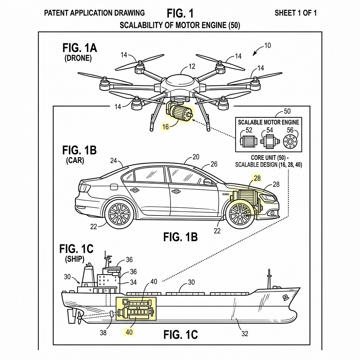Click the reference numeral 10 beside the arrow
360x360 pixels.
point(268,45)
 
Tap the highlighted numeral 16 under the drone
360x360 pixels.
point(166,127)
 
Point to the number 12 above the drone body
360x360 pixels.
point(192,66)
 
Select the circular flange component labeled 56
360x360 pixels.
point(290,141)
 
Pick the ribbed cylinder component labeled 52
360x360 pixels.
point(248,141)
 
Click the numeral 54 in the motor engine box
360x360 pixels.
point(270,130)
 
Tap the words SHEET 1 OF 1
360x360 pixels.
point(295,13)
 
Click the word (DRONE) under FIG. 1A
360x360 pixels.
point(78,58)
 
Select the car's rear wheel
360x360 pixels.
point(119,214)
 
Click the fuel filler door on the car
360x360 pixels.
point(114,187)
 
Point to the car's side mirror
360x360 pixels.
point(208,182)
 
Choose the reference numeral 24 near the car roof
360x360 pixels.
point(114,161)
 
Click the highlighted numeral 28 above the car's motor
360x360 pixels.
point(257,178)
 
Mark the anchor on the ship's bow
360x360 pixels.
point(285,298)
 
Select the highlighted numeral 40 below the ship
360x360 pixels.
point(129,332)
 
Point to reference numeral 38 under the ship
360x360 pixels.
point(103,333)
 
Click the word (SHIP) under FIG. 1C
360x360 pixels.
point(75,259)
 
